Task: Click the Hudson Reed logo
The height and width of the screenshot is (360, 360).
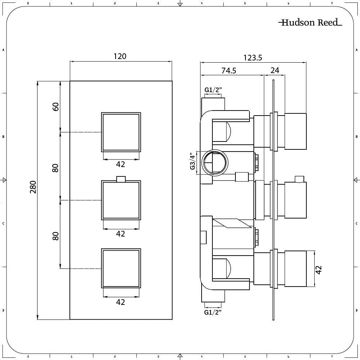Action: click(310, 22)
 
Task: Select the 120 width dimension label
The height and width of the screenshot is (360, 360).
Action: click(120, 56)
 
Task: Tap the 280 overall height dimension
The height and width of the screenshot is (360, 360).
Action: click(33, 187)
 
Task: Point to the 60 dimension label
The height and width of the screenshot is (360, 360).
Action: click(55, 107)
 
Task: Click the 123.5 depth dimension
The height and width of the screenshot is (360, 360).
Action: click(253, 58)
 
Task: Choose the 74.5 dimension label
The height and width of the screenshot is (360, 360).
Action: click(229, 71)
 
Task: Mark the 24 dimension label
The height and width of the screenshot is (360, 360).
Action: click(275, 70)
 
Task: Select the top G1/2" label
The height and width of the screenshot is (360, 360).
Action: click(213, 90)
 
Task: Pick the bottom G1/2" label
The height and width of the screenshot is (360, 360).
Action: click(213, 312)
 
